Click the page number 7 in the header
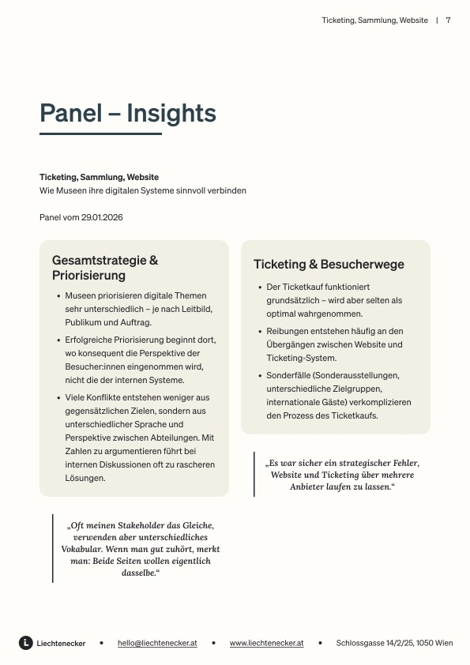448,21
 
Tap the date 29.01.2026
102,217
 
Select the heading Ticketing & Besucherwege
329,265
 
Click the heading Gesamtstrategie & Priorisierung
105,268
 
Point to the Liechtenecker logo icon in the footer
26,643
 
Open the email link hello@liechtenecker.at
157,644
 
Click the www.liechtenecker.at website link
266,644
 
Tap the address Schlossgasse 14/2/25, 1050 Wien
394,644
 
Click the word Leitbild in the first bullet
197,309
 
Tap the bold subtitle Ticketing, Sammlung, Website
99,177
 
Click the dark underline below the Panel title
100,134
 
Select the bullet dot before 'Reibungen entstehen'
261,332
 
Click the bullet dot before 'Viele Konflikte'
59,398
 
